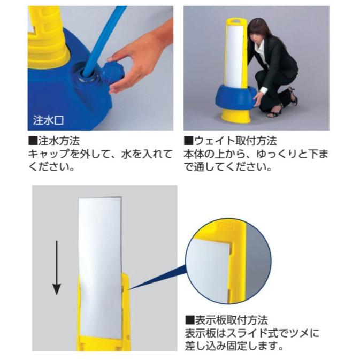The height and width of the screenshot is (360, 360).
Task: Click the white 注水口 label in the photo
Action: (x=49, y=119)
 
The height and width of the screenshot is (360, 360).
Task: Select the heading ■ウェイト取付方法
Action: (x=230, y=142)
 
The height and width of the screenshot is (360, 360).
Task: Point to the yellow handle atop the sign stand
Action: (x=236, y=21)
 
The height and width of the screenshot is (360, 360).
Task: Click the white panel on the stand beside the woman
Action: (x=236, y=53)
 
